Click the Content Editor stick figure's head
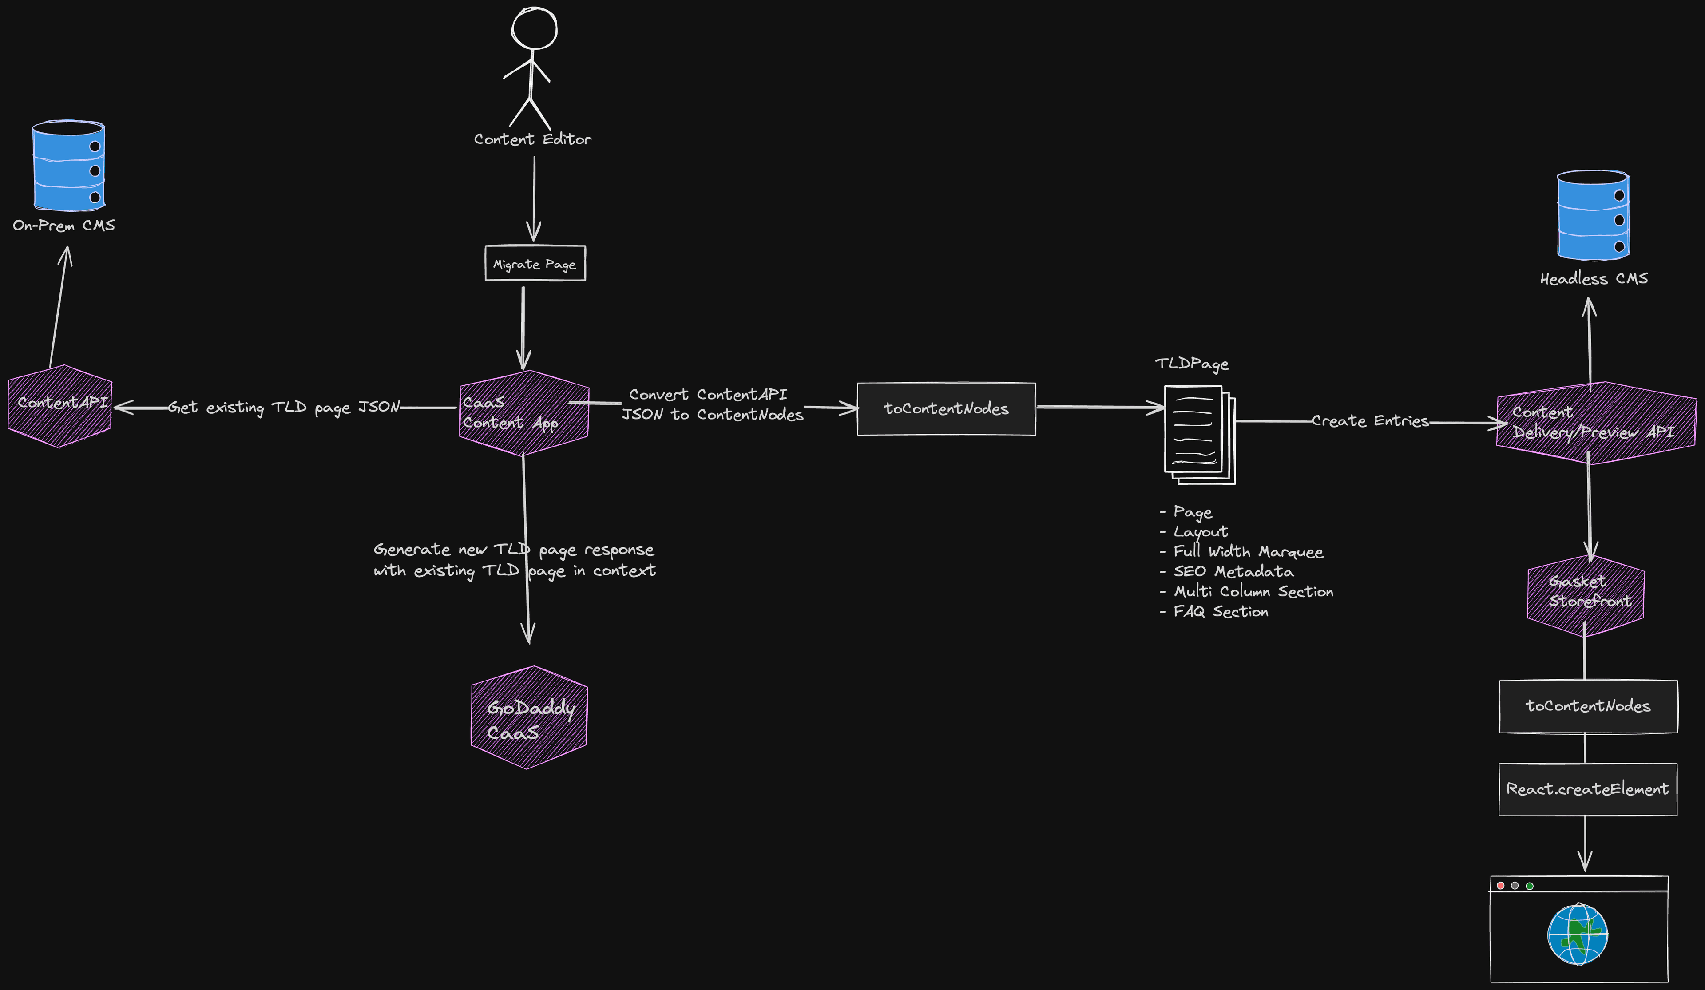coord(534,28)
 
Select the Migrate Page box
coord(535,263)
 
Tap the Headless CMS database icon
coord(1593,215)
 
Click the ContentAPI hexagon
coord(59,406)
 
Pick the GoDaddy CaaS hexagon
coord(529,718)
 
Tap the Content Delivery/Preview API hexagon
coord(1595,423)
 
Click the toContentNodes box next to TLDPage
coord(946,409)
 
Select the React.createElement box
coord(1587,789)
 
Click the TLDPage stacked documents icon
coord(1199,434)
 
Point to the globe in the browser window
coord(1578,935)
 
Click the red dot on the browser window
coord(1501,886)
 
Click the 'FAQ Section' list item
coord(1220,612)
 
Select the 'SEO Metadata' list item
coord(1233,572)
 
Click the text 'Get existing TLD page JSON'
coord(284,408)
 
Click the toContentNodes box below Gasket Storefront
coord(1587,706)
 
